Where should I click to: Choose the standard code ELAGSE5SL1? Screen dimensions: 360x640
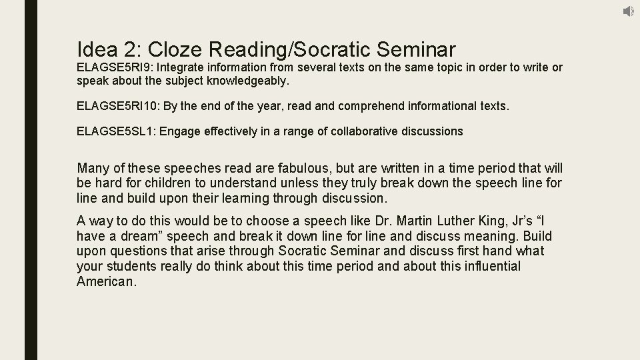115,131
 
